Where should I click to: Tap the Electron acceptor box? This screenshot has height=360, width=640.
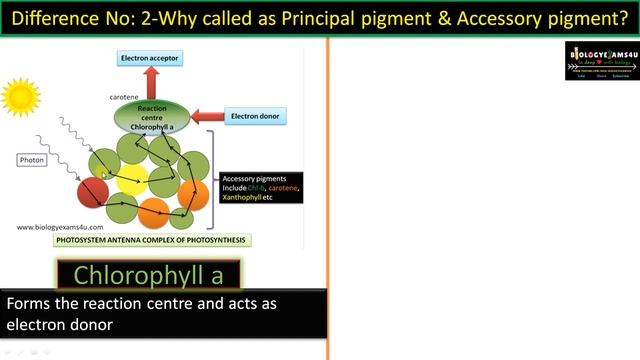click(x=152, y=59)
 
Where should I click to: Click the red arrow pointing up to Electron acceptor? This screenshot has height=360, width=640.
click(x=152, y=83)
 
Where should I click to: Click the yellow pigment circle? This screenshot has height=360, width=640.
click(x=131, y=181)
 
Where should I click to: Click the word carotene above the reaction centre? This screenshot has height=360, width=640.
click(x=124, y=97)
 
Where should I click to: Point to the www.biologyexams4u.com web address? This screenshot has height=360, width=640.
click(x=60, y=227)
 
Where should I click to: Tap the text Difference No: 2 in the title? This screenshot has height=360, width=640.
click(x=74, y=17)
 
